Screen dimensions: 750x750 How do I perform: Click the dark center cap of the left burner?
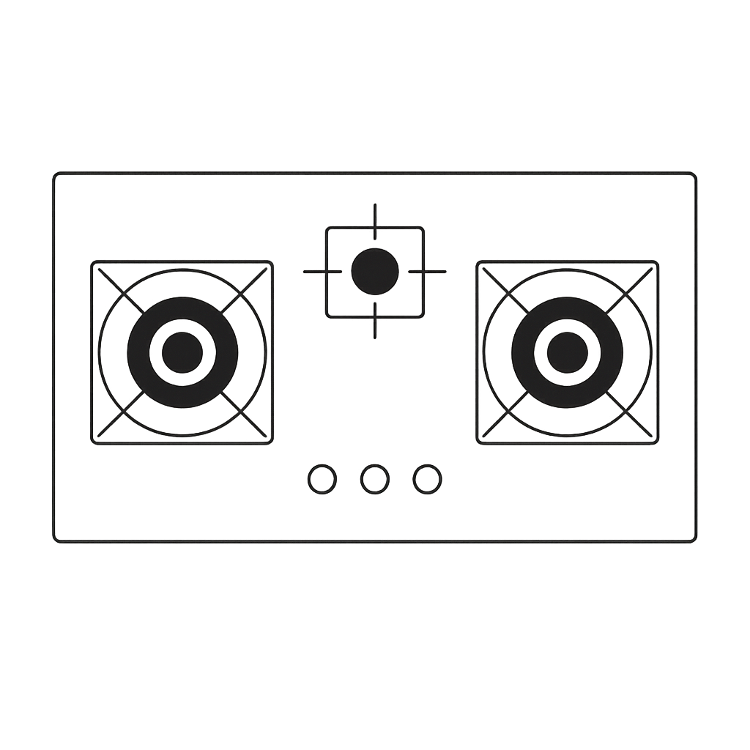coord(182,352)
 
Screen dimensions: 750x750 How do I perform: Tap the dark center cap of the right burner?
coord(567,352)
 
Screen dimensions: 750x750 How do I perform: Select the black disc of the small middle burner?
coord(375,272)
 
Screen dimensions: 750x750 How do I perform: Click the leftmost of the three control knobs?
coord(322,479)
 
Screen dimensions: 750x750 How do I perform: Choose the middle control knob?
coord(375,479)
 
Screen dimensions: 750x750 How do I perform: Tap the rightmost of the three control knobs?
coord(427,479)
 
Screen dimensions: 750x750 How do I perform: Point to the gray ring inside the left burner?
coord(182,326)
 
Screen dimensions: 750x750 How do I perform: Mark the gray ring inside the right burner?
coord(567,326)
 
